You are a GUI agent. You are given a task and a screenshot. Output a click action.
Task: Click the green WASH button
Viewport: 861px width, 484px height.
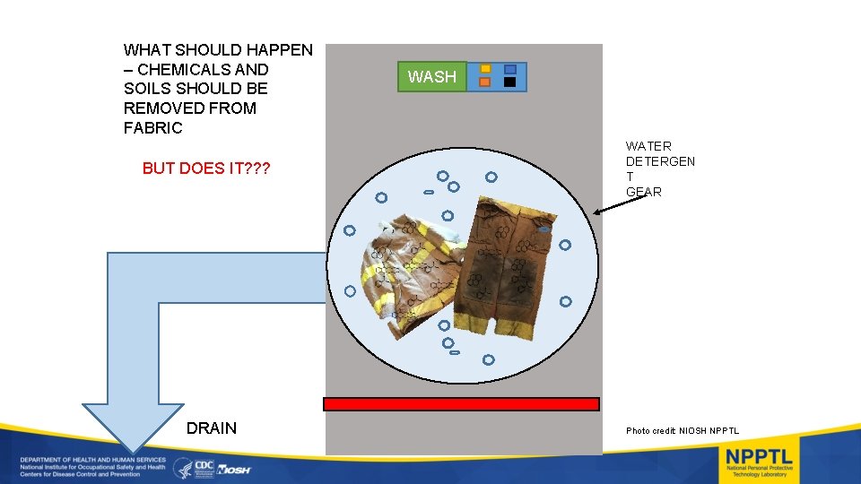[431, 77]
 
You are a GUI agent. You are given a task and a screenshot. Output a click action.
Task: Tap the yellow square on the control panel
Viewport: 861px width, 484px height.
[485, 68]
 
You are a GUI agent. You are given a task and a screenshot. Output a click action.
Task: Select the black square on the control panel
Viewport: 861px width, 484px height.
[509, 82]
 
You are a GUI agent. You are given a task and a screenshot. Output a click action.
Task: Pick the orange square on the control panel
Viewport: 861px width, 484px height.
[485, 82]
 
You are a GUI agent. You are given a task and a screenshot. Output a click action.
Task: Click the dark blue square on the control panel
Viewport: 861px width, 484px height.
[509, 68]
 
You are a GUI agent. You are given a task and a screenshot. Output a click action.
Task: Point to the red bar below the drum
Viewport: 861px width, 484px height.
[461, 404]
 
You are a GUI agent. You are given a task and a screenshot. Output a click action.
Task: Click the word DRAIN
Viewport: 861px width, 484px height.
[212, 428]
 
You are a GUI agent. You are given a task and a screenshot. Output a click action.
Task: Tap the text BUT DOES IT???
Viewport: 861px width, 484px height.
[206, 169]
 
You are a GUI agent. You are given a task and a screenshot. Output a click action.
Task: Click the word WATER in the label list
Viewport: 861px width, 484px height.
[648, 146]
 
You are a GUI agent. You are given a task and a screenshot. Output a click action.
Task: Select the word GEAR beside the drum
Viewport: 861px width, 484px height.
[644, 192]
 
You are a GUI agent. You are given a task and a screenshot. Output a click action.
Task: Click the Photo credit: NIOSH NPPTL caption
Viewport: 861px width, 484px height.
[683, 431]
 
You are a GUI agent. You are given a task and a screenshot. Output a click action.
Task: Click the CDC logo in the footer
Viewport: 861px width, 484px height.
[205, 467]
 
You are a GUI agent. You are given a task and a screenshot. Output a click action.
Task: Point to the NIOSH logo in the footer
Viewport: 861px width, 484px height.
[234, 469]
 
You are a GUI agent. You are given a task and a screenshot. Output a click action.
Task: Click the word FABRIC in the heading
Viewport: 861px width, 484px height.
[153, 128]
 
